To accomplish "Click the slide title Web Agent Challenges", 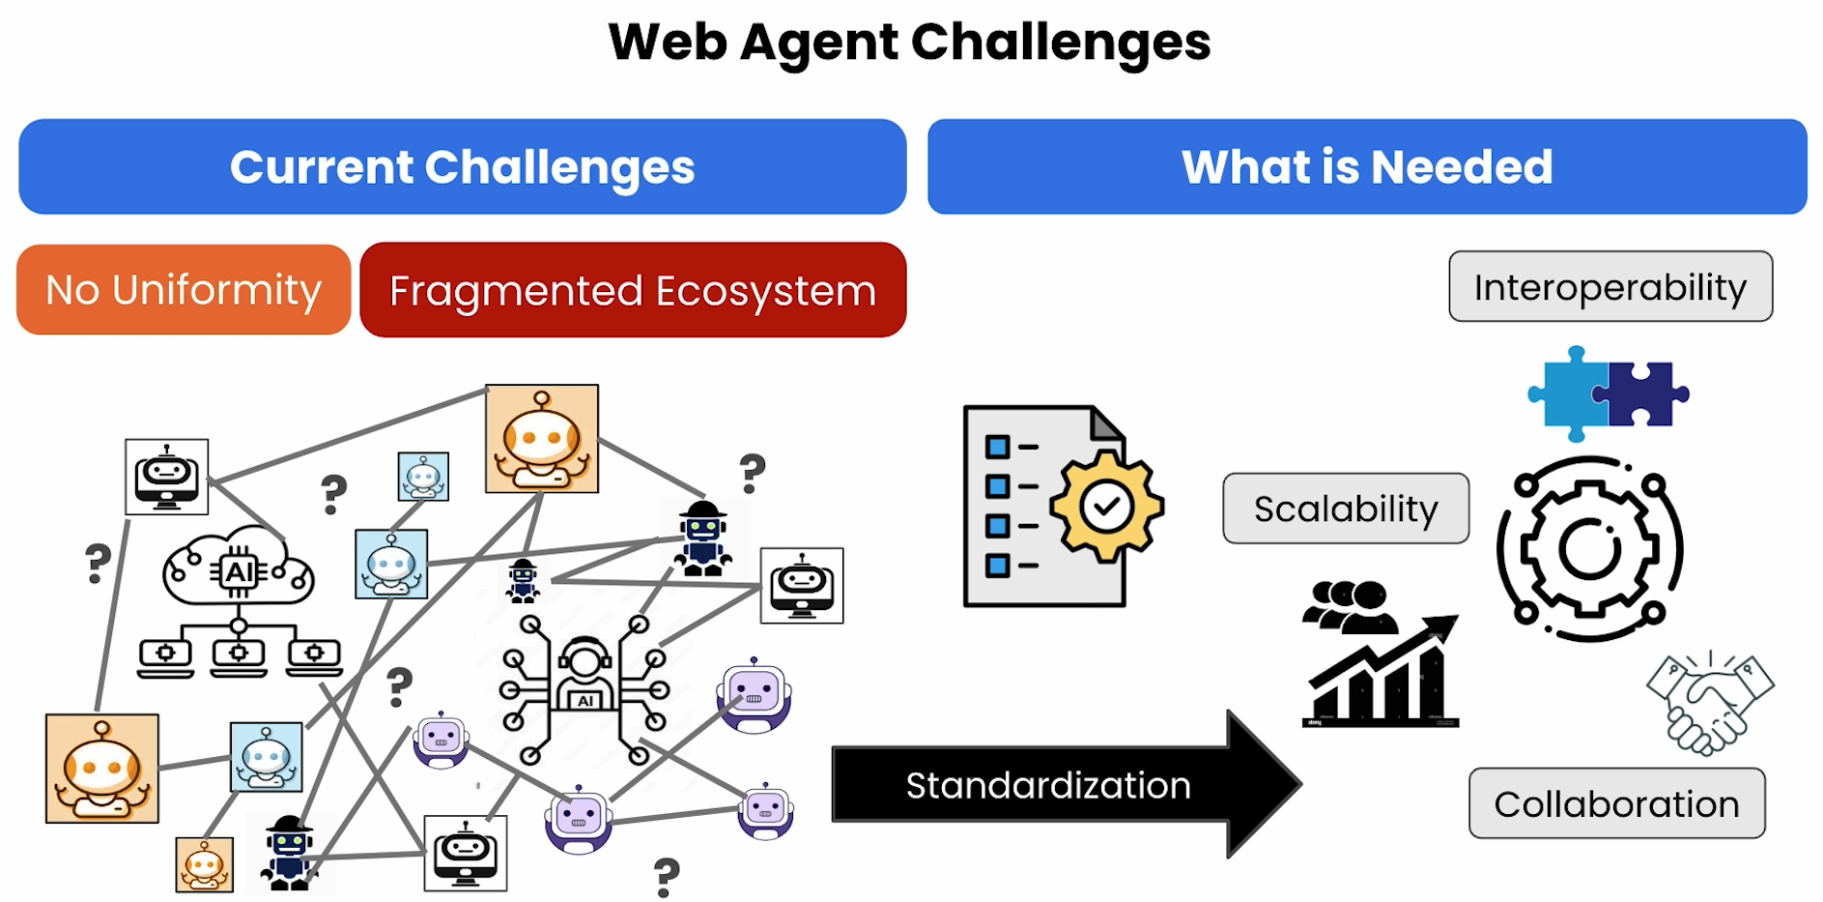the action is (909, 43).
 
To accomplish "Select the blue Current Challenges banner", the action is (463, 166).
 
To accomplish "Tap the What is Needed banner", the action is (1367, 166).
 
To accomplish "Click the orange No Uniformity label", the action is (184, 290).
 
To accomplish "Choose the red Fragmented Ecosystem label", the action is (633, 290).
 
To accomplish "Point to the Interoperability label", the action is (1610, 287).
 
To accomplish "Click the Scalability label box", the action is (1346, 509).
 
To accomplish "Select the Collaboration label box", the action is (1617, 803).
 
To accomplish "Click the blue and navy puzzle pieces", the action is (1609, 394).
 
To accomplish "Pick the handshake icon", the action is (1710, 703).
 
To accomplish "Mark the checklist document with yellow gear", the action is (1063, 507).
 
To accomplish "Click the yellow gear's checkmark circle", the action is (1106, 506).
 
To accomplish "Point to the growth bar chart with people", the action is (1381, 654).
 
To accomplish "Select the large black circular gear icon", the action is (1589, 548).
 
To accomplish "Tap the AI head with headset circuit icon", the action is (584, 688).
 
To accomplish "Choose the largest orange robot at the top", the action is (542, 439).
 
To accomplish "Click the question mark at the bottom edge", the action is (667, 877).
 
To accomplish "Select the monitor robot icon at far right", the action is (802, 586).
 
